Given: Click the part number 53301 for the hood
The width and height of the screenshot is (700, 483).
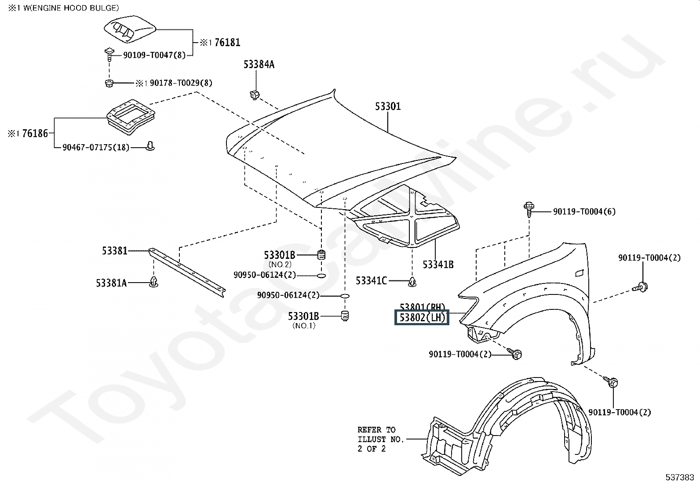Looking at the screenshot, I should [387, 106].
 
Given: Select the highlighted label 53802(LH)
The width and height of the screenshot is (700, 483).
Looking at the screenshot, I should [422, 317].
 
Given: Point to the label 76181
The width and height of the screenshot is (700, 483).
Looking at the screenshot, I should [227, 43].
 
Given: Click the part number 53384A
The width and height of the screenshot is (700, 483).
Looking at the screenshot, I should [259, 65].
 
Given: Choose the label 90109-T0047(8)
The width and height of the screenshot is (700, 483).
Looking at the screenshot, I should [154, 55].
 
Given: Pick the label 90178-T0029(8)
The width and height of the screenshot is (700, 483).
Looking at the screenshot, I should [181, 83].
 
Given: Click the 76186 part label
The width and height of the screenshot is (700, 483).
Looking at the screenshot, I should [35, 134].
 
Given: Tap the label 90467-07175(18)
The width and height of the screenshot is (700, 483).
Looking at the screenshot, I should [96, 147].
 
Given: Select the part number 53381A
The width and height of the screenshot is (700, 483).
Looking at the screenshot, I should [111, 283].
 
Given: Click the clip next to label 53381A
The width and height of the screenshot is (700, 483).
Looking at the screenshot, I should [153, 282].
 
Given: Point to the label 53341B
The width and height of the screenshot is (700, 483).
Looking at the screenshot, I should [438, 265].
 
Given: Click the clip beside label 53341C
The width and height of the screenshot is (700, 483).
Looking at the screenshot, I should [412, 281].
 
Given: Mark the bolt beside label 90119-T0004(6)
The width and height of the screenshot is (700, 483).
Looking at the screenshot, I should [529, 209].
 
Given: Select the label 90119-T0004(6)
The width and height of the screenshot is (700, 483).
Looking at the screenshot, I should [584, 211].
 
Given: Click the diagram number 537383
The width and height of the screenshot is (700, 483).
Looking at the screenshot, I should [680, 477].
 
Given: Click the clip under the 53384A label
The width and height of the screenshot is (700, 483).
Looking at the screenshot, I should [254, 94].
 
